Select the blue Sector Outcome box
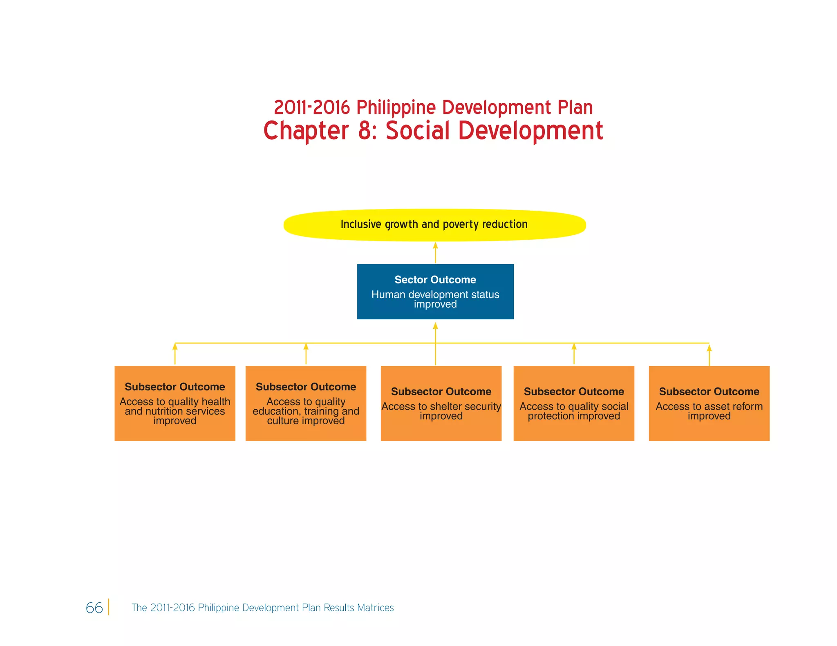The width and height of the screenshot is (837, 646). click(x=435, y=292)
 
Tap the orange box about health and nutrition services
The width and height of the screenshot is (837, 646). click(x=175, y=403)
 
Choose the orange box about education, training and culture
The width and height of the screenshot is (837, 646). click(x=306, y=403)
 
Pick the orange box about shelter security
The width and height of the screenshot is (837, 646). click(x=441, y=403)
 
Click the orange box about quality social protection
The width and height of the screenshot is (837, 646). click(x=574, y=403)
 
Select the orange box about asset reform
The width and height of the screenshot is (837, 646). click(x=709, y=403)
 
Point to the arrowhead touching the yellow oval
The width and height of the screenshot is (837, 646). click(x=435, y=245)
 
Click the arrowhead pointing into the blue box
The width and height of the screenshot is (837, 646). click(x=435, y=325)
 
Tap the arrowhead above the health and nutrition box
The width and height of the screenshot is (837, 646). click(x=175, y=347)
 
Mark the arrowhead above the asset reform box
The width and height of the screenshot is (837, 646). click(x=709, y=348)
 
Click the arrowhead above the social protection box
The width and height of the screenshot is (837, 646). click(x=574, y=347)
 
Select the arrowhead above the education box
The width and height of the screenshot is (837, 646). click(x=306, y=347)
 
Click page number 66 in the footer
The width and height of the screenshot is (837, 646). click(x=94, y=608)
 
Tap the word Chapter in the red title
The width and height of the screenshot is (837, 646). click(x=306, y=131)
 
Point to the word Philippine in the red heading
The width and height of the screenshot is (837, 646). click(x=396, y=108)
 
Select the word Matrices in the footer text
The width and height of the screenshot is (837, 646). click(x=375, y=608)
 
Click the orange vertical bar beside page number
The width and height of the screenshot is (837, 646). click(x=109, y=607)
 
